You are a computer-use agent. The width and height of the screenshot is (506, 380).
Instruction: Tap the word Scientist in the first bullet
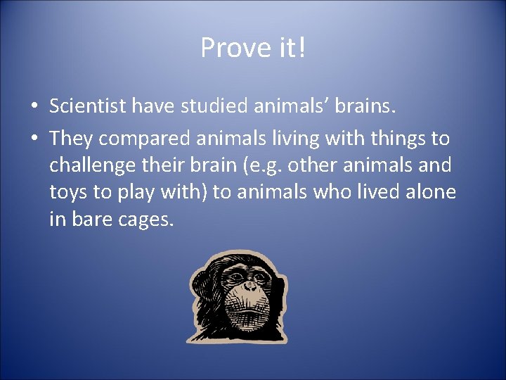click(88, 106)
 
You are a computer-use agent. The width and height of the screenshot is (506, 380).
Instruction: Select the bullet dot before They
click(33, 139)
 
